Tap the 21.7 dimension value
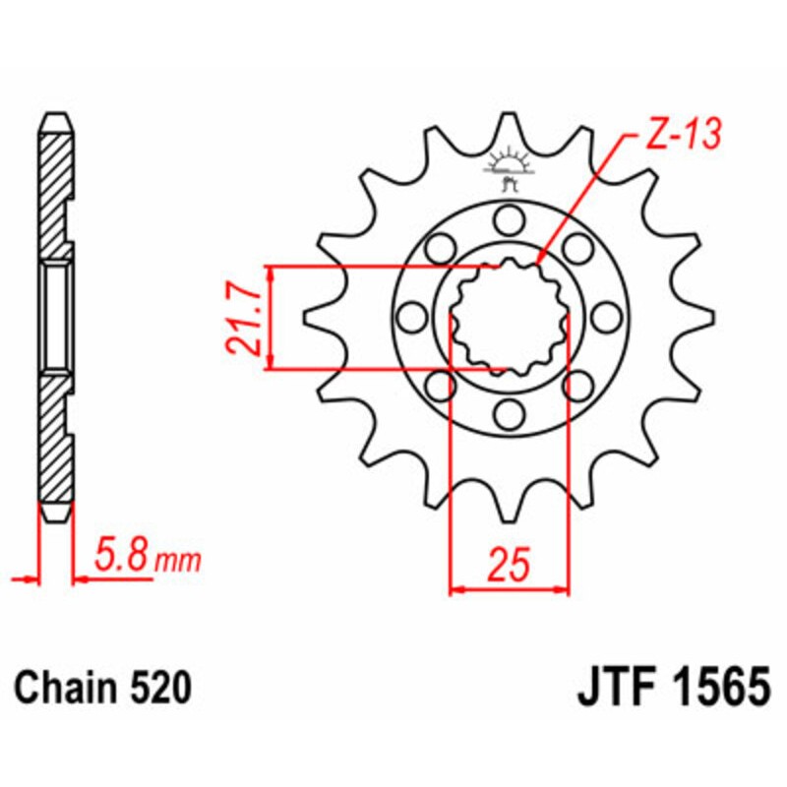[x=243, y=318]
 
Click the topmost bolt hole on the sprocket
[x=509, y=217]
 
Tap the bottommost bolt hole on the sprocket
[x=509, y=416]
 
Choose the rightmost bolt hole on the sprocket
[x=608, y=317]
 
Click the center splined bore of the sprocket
[x=509, y=317]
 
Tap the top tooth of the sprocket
[x=509, y=128]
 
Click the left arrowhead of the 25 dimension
[x=455, y=590]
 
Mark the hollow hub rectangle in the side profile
[x=56, y=317]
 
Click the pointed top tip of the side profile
[x=56, y=114]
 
